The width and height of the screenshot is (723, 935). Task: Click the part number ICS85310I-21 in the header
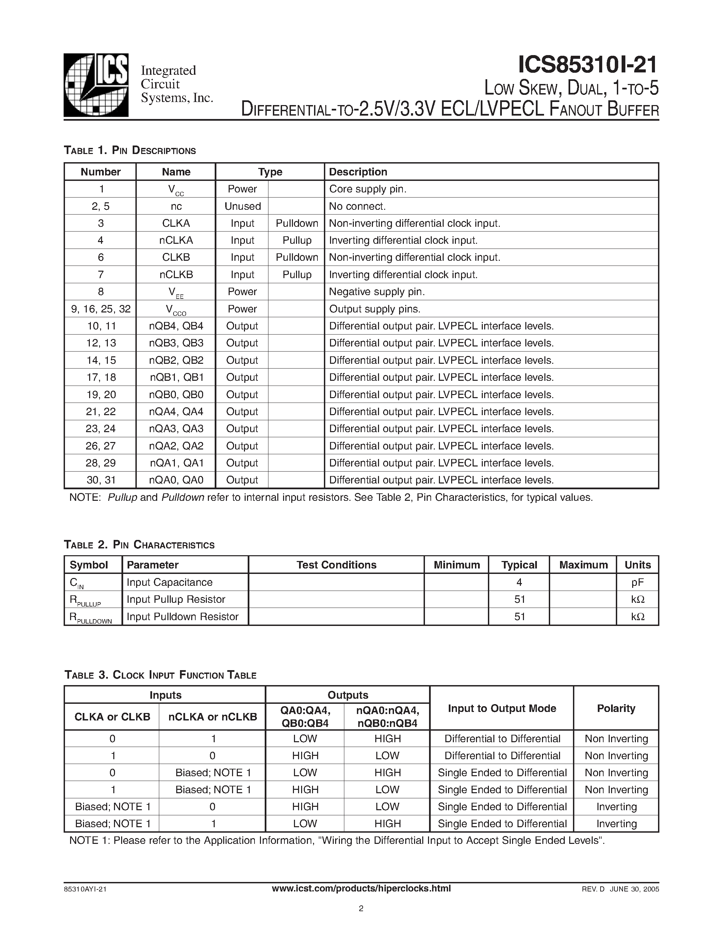[x=587, y=65]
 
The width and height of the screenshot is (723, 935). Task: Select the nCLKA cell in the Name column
[x=176, y=240]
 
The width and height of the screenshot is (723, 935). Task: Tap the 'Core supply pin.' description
[x=367, y=189]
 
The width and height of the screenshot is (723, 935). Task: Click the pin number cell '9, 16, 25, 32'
[x=101, y=309]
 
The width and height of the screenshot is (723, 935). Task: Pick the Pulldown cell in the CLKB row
[x=297, y=257]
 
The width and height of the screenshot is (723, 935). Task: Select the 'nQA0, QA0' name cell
[x=176, y=480]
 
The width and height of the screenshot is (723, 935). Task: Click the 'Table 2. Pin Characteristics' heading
[x=139, y=545]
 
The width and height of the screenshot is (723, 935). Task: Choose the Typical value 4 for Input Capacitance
[x=519, y=582]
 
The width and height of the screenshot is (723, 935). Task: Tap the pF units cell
[x=637, y=582]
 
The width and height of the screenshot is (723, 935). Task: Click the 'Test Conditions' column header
[x=336, y=565]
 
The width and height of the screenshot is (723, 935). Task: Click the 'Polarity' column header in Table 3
[x=615, y=708]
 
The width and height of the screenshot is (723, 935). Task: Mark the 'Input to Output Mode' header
[x=502, y=708]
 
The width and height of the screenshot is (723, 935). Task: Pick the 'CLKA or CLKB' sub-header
[x=112, y=717]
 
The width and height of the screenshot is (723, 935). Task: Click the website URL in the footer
[x=361, y=888]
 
